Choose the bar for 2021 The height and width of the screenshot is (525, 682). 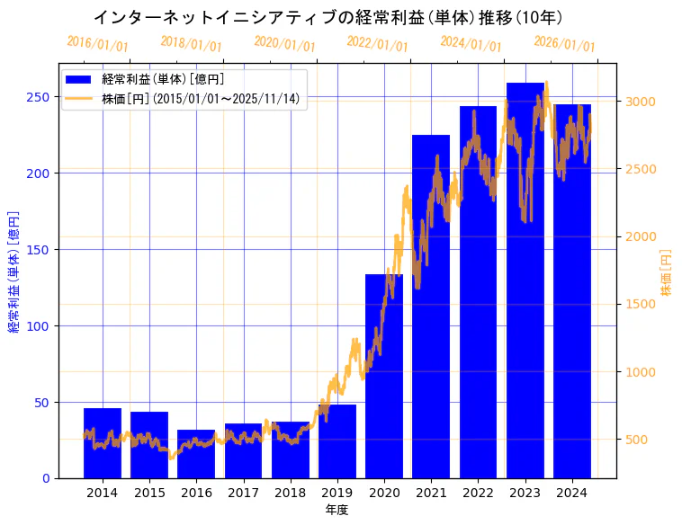431,307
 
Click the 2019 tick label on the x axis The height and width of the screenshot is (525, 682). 337,493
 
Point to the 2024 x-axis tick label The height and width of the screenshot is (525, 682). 572,493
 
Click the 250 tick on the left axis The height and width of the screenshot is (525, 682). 38,97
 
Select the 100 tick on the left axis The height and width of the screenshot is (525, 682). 38,326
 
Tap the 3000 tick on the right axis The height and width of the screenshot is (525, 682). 641,102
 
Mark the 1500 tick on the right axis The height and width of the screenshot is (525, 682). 641,304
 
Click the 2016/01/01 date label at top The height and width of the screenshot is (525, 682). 97,44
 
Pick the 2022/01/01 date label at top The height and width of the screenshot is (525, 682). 377,44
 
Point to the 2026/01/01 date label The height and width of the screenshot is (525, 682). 564,44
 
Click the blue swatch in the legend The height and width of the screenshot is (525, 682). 79,80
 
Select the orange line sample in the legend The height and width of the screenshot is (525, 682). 79,99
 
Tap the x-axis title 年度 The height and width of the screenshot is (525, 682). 337,510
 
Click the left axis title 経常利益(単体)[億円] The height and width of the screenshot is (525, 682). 14,272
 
